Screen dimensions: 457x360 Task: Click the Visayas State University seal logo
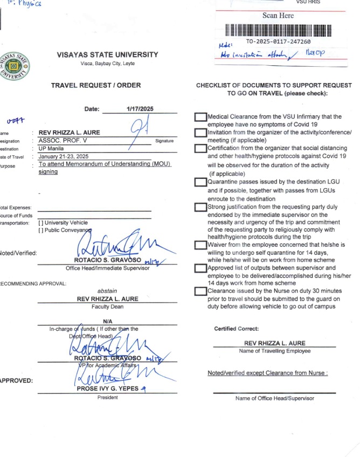[15, 66]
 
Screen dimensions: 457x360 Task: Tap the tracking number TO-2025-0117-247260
[278, 41]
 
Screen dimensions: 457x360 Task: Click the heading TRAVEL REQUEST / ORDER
[96, 85]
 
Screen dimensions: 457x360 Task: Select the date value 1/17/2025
[140, 109]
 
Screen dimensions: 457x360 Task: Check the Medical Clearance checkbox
[201, 117]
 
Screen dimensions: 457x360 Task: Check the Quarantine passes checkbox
[201, 183]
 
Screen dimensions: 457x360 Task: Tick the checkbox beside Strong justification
[201, 206]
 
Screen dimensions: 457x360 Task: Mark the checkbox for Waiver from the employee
[201, 245]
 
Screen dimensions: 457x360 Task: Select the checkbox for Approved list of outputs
[201, 268]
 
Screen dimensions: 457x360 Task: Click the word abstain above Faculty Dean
[107, 290]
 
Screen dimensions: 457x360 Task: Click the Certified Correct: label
[237, 329]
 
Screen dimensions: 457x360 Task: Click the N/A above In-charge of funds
[107, 321]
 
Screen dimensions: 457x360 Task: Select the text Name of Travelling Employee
[275, 351]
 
